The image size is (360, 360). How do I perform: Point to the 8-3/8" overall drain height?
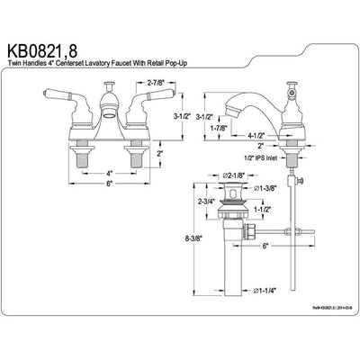coord(185,239)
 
